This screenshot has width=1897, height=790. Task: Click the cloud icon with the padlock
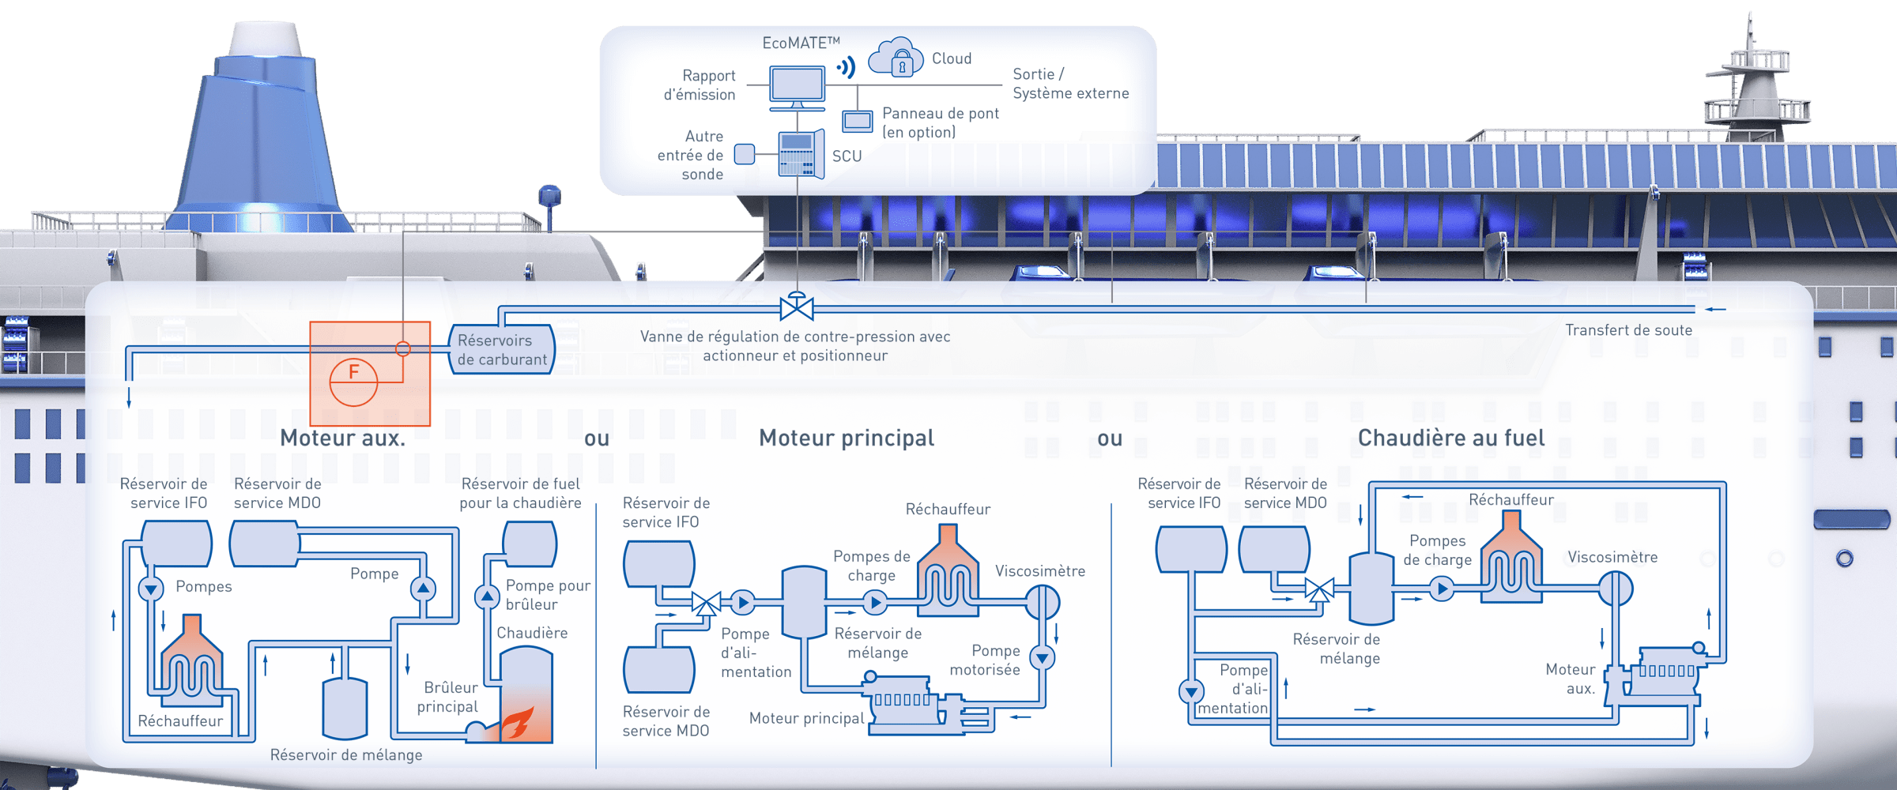coord(896,58)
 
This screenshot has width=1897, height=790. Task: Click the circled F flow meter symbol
coord(353,382)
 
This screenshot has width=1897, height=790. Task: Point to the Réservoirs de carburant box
coord(501,349)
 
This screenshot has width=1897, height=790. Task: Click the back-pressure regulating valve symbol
coord(797,307)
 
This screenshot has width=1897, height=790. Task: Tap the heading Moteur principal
coord(847,438)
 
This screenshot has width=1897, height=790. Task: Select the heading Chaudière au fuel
coord(1450,438)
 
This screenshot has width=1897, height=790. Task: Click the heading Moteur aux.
coord(342,438)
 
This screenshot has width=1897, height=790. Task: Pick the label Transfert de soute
coord(1628,330)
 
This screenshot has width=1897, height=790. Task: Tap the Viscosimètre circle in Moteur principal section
coord(1043,603)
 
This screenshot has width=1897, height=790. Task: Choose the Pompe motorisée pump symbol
coord(1043,657)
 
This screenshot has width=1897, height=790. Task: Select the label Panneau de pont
coord(940,122)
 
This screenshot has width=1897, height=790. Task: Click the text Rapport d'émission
coord(700,85)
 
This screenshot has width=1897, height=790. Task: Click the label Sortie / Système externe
coord(1070,84)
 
